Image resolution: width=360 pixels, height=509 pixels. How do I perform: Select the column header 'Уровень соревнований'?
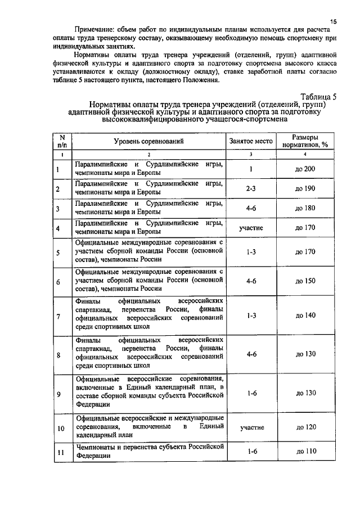tap(150, 141)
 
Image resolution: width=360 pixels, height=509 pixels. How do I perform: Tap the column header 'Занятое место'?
tap(251, 141)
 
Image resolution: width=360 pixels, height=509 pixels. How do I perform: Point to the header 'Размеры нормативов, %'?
tap(305, 141)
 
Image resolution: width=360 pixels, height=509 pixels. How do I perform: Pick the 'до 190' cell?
tap(305, 189)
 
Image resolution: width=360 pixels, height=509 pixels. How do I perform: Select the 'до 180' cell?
tap(305, 209)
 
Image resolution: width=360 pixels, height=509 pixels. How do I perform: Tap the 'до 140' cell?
tap(305, 316)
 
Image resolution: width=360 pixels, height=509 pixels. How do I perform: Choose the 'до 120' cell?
tap(305, 427)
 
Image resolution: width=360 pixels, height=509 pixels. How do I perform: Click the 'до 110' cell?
tap(305, 451)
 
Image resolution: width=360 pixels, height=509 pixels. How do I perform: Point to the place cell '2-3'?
tap(251, 189)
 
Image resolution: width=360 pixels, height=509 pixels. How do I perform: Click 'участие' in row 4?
tap(251, 228)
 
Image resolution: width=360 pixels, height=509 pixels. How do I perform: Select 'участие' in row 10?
tap(251, 427)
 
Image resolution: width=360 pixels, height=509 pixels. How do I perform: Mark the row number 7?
tap(58, 316)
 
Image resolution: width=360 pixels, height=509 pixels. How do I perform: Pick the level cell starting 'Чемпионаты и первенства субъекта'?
tap(150, 451)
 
